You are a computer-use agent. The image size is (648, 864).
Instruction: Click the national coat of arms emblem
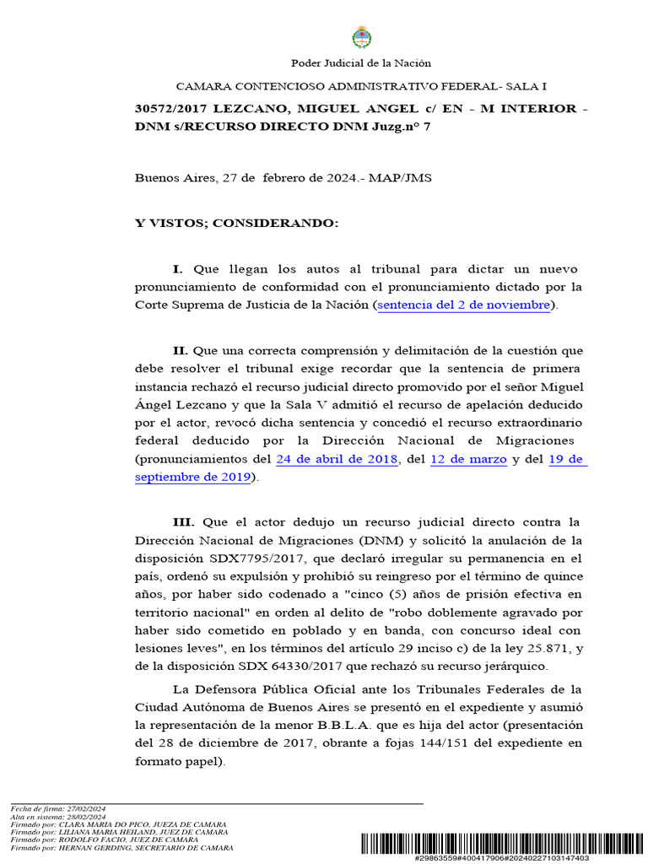click(x=360, y=37)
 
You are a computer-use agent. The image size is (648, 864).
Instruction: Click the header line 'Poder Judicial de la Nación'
click(x=360, y=63)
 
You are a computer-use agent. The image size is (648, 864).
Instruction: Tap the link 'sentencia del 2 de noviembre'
click(x=464, y=305)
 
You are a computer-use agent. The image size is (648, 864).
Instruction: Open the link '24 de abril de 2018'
click(x=337, y=460)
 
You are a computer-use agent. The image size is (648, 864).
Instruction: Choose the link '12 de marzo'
click(x=468, y=460)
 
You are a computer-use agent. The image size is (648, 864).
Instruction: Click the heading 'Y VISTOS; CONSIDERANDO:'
click(x=236, y=224)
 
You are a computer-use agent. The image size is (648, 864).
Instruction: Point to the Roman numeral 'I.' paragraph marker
click(x=178, y=269)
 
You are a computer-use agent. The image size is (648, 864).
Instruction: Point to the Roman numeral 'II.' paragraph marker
click(x=180, y=350)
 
